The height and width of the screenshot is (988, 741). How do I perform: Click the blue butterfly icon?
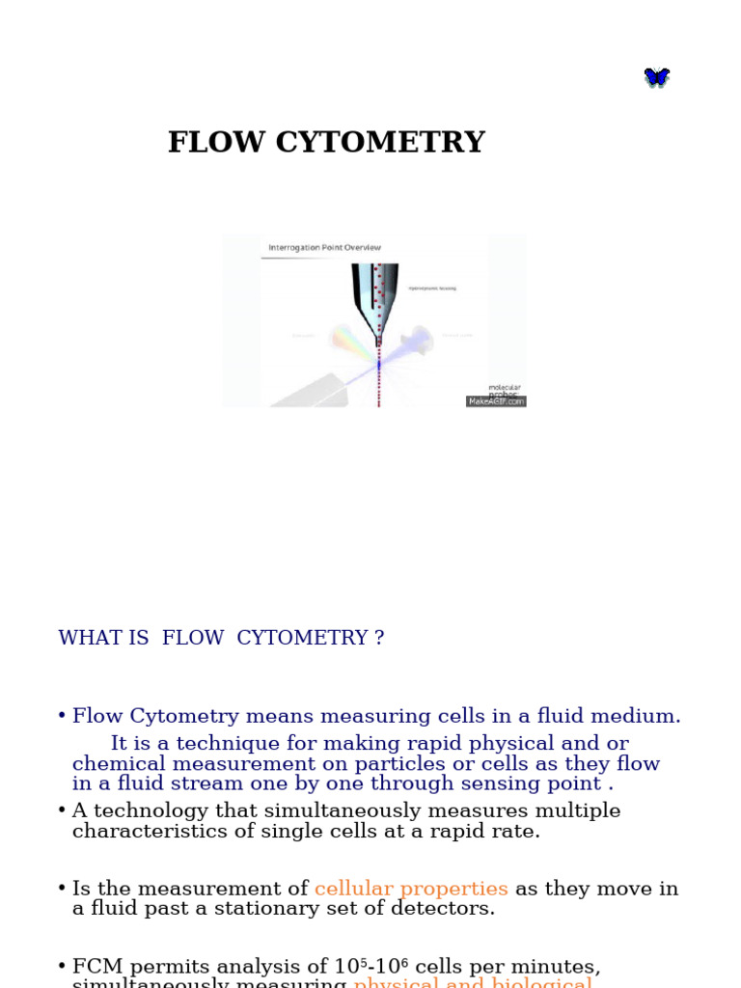pyautogui.click(x=657, y=77)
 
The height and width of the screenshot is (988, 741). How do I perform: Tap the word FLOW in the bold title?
pyautogui.click(x=217, y=143)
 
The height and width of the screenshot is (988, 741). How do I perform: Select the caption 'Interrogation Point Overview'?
pyautogui.click(x=324, y=248)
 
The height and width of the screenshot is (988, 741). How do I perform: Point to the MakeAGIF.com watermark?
pyautogui.click(x=496, y=401)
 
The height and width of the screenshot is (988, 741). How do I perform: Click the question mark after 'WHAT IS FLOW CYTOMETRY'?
pyautogui.click(x=379, y=639)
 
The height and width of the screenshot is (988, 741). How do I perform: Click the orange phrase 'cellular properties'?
pyautogui.click(x=411, y=889)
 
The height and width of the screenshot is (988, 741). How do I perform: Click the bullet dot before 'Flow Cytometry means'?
pyautogui.click(x=62, y=717)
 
